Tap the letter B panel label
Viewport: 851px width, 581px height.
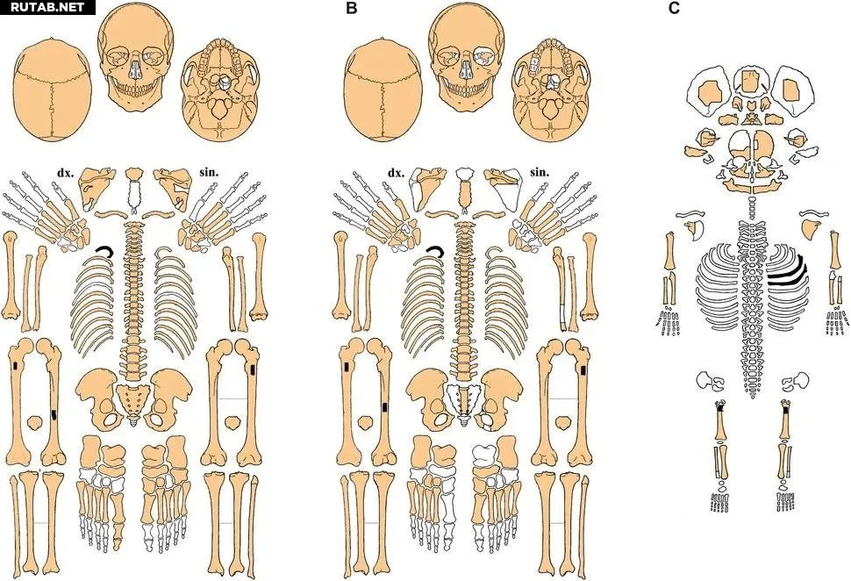pos(351,9)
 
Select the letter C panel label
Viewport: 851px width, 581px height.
pos(674,9)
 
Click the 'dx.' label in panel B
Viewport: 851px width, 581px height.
pos(396,173)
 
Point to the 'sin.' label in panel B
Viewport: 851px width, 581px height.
pos(540,173)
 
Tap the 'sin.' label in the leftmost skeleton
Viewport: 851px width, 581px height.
pos(210,173)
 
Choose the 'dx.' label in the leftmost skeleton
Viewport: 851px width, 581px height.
pos(65,173)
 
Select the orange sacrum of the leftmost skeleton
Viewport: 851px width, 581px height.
pos(133,399)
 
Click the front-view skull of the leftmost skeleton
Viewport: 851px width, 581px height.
pos(135,57)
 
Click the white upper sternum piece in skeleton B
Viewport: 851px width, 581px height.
pos(465,174)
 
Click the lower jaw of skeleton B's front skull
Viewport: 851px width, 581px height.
pos(466,97)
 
